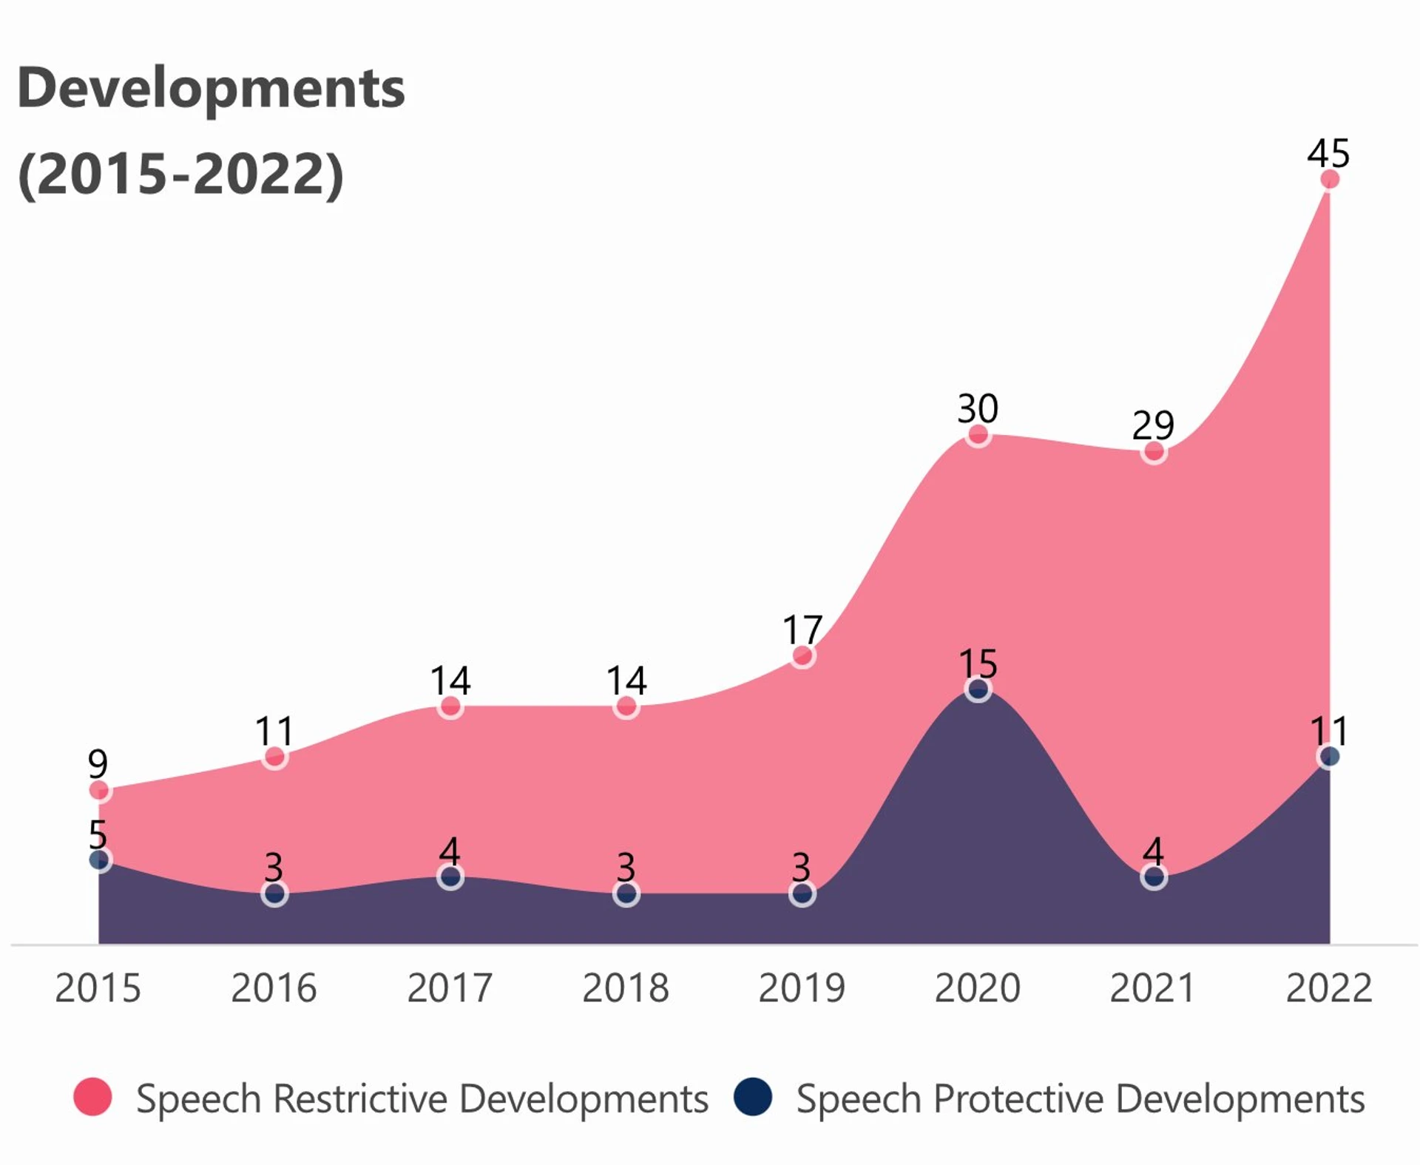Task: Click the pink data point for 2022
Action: click(1329, 179)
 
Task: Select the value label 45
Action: click(1328, 153)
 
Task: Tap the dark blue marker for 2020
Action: click(978, 690)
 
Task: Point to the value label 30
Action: click(978, 408)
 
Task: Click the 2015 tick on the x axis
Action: click(98, 988)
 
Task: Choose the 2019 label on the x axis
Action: click(802, 988)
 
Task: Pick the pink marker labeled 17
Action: click(802, 656)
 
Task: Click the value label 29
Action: click(1153, 425)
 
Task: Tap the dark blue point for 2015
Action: click(100, 860)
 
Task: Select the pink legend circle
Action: click(92, 1097)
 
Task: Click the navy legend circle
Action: click(753, 1097)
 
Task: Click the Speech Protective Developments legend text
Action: click(1080, 1098)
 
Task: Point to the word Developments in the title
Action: click(211, 89)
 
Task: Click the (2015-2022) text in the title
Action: click(180, 175)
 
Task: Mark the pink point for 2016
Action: click(274, 757)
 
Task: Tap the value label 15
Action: click(978, 663)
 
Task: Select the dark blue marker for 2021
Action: click(1154, 877)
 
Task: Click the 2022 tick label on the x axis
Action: click(1329, 988)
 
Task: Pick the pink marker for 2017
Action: click(450, 706)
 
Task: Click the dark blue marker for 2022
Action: click(1329, 757)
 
